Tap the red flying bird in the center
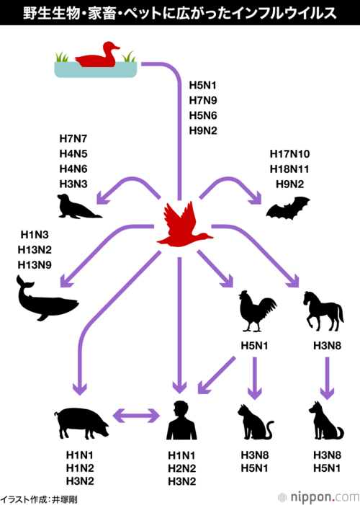(182, 227)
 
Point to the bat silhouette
(288, 208)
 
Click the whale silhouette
(45, 301)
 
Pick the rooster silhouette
(256, 310)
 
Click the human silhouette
(181, 420)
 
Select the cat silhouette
(254, 422)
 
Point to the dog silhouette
(325, 421)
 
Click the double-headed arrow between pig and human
(137, 416)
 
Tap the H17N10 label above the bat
(290, 154)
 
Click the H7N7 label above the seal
(73, 139)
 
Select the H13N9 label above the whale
(35, 265)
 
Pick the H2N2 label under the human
(182, 468)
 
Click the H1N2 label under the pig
(80, 468)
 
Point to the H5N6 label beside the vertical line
(203, 115)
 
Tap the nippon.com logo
(318, 497)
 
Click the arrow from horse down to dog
(327, 378)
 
